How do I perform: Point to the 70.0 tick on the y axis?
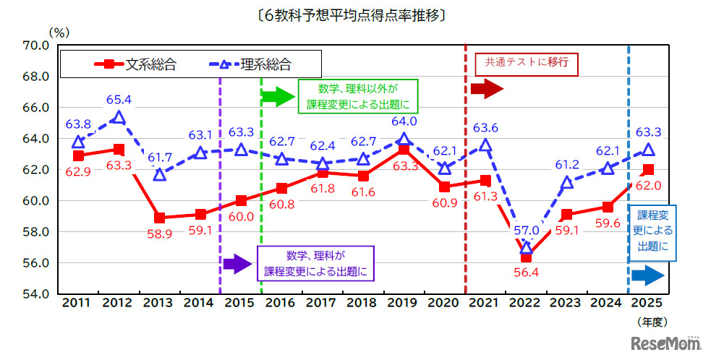coord(35,45)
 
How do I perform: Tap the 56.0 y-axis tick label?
coord(35,263)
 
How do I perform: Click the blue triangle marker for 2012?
coord(119,117)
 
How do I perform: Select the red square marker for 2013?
coord(160,218)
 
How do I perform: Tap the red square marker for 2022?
coord(526,257)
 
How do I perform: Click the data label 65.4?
coord(119,98)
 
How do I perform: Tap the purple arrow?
coord(238,264)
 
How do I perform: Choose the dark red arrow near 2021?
coord(486,89)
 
